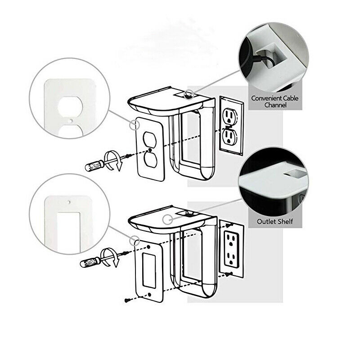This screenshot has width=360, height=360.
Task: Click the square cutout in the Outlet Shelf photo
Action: (x=286, y=172)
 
